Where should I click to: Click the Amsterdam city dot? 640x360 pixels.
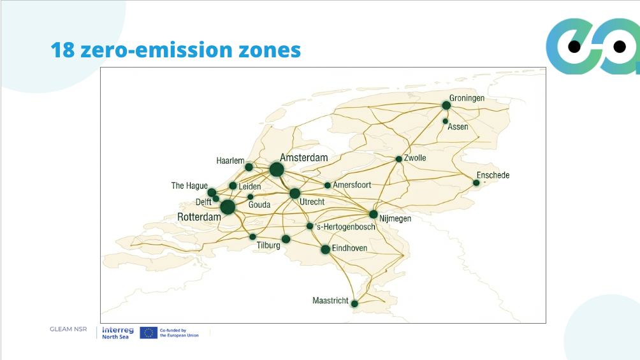click(276, 169)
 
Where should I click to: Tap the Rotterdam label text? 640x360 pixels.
click(199, 217)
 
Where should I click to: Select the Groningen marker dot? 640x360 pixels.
click(446, 105)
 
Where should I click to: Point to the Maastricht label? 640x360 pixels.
click(330, 300)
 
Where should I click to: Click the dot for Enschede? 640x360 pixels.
click(476, 183)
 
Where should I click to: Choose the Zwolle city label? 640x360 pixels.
click(415, 158)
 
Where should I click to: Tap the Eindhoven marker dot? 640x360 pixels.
click(325, 249)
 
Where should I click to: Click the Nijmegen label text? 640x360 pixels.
click(395, 219)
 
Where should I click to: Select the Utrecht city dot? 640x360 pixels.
click(295, 193)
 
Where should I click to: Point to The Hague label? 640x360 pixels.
click(189, 185)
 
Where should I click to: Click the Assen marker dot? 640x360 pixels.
click(446, 121)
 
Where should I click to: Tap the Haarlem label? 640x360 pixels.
click(230, 161)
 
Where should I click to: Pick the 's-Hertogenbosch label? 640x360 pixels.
click(344, 227)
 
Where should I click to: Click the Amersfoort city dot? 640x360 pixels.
click(328, 185)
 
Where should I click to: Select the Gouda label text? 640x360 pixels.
click(259, 205)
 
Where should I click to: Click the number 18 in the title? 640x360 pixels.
click(62, 50)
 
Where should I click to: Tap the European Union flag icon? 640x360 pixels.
click(149, 332)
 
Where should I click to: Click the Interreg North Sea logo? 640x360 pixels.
click(118, 333)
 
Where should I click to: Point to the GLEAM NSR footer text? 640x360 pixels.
click(68, 329)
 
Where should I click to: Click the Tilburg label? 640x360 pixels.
click(268, 245)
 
